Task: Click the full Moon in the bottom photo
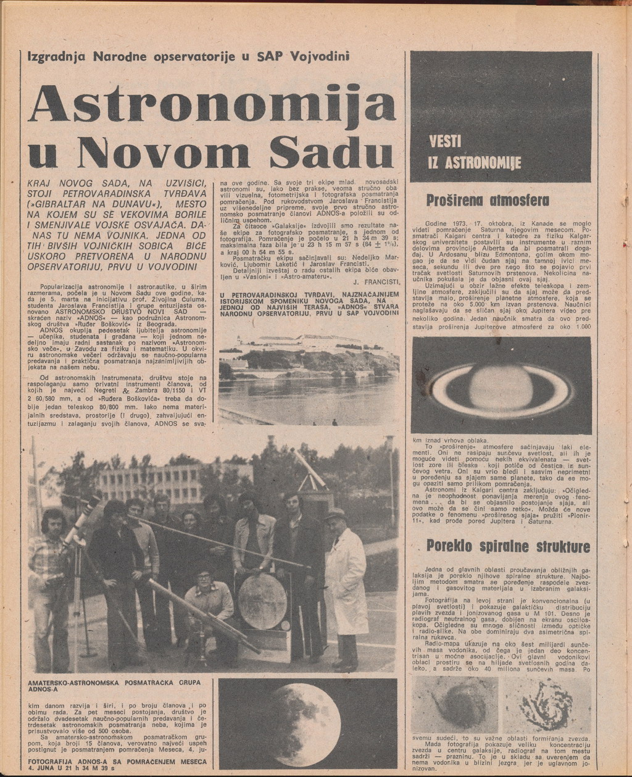pyautogui.click(x=306, y=724)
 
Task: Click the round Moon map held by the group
pyautogui.click(x=262, y=600)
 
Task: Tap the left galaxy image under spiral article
pyautogui.click(x=455, y=704)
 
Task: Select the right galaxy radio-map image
pyautogui.click(x=546, y=704)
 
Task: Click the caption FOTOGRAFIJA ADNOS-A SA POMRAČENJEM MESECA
pyautogui.click(x=117, y=765)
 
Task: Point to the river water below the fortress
pyautogui.click(x=309, y=398)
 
